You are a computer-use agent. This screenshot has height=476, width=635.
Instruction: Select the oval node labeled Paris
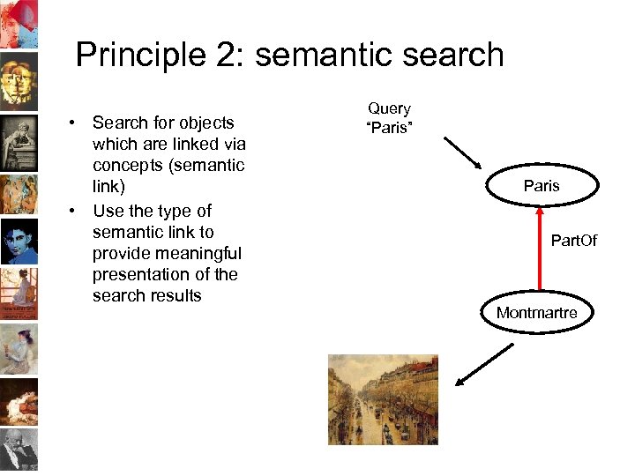[x=541, y=186]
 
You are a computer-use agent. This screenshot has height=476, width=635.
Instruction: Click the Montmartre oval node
[x=536, y=313]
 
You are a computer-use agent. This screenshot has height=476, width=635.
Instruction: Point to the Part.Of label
[x=573, y=240]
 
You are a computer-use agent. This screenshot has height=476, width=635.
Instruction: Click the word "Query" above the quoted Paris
[x=389, y=108]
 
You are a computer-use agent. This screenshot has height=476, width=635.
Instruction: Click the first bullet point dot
[x=77, y=123]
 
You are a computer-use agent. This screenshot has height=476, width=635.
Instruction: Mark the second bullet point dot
[x=77, y=212]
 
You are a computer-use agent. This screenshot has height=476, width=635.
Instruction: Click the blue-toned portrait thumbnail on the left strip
[x=19, y=240]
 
